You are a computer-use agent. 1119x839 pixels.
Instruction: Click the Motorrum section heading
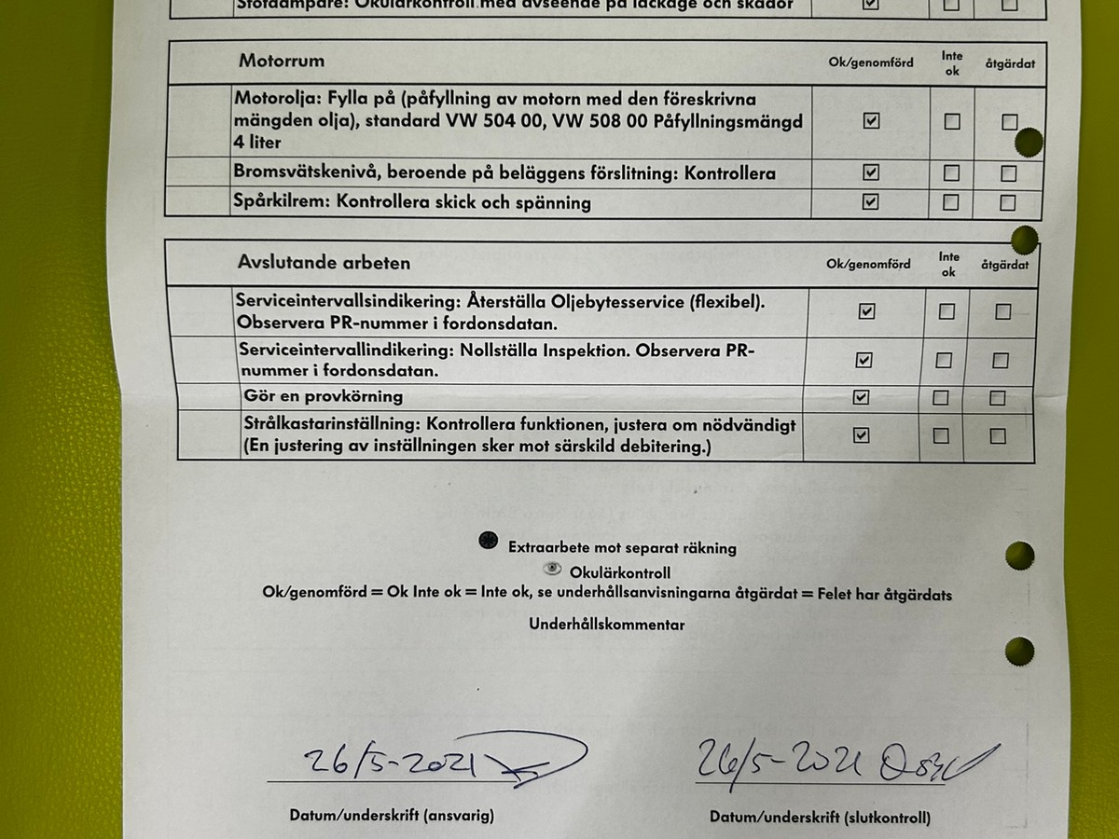coord(282,62)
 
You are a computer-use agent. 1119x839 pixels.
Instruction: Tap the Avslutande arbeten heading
coord(324,263)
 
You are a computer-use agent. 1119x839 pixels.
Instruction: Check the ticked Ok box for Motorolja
coord(871,120)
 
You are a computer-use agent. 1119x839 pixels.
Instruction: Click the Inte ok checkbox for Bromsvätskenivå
coord(951,172)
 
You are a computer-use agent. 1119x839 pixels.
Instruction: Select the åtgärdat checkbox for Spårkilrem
coord(1007,202)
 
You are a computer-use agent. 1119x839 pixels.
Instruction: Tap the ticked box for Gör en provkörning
coord(861,397)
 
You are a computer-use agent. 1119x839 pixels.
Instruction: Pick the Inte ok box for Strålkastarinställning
coord(942,435)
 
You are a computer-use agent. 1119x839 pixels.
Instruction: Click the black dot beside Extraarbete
coord(488,542)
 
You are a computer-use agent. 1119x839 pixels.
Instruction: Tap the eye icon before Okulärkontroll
coord(552,569)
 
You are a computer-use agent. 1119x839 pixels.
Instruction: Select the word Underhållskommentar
coord(606,625)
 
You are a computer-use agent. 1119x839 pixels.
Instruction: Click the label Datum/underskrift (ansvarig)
coord(392,816)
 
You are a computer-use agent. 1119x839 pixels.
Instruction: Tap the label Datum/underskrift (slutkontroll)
coord(820,818)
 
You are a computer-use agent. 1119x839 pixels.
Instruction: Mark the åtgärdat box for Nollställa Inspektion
coord(1000,360)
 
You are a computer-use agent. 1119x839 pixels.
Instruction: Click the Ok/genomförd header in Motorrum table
coord(871,62)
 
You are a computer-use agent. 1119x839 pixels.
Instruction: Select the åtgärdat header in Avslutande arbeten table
coord(1004,265)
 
